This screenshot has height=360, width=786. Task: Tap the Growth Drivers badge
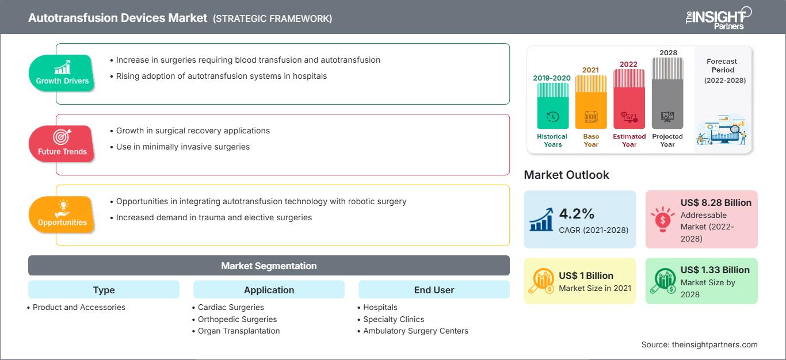point(62,73)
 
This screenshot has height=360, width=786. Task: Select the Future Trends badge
point(62,144)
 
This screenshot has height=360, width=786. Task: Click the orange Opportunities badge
point(62,215)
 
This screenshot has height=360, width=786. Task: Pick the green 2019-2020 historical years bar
point(552,106)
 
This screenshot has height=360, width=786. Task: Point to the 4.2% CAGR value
point(577,214)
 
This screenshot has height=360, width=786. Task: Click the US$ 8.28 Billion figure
point(716,202)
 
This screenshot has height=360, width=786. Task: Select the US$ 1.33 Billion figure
point(715,270)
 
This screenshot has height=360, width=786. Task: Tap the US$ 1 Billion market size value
point(586,275)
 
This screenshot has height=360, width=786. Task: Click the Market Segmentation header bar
point(269,266)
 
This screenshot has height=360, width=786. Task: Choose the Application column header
point(269,290)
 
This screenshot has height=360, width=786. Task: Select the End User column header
point(434,290)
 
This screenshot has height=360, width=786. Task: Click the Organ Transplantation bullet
point(239,331)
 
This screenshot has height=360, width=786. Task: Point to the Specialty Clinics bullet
point(394,319)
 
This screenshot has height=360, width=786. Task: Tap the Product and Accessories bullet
point(79,307)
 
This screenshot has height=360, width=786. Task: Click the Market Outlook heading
point(566,175)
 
